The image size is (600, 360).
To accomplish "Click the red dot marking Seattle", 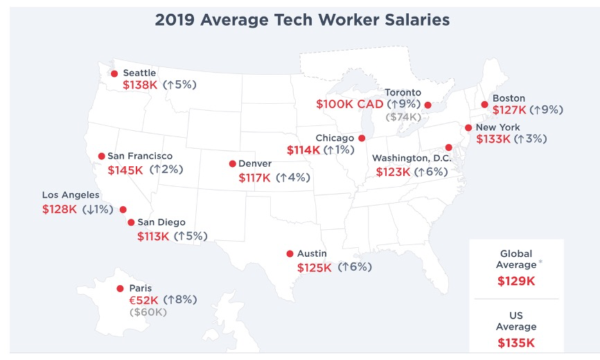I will coord(114,73).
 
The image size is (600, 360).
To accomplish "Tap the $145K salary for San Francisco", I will coord(125,169).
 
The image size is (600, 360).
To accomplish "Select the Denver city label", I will coord(254,164).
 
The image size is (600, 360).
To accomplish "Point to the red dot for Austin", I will coord(290,254).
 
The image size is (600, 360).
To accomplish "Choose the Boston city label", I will coord(509,98).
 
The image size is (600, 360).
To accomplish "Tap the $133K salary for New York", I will coord(493,138).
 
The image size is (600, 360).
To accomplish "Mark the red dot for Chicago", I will coord(361,138).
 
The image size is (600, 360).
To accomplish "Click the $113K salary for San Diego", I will coord(153,235).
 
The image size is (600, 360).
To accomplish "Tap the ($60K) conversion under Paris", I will coord(148,312).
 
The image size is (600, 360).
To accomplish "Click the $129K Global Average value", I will coord(516,281).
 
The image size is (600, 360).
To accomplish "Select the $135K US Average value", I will coord(516,342).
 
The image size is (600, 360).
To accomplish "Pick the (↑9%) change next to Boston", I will coord(546,109).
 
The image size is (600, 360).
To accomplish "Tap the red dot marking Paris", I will coord(120,289).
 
